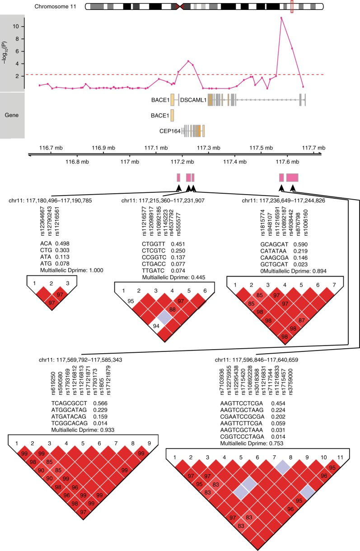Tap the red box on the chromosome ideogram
[292, 7]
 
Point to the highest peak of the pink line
[281, 18]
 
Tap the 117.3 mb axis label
[210, 148]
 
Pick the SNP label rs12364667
[43, 222]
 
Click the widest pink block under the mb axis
[292, 177]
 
